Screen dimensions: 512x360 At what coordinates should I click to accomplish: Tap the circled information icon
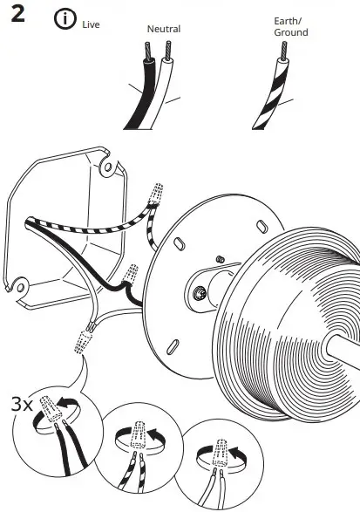65,19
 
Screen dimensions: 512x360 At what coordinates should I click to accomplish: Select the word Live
91,24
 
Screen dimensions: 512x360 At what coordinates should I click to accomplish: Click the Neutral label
163,29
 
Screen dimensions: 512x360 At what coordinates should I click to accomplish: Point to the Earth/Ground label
291,27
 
